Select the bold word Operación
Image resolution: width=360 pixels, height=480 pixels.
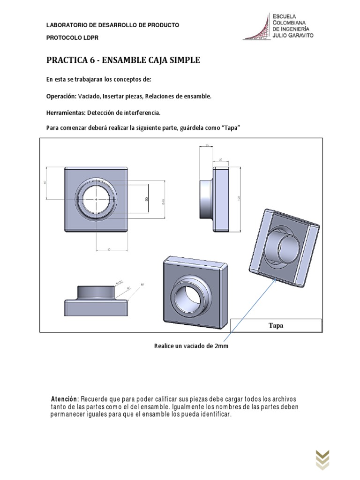point(61,96)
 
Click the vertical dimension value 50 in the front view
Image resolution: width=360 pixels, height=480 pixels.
point(147,199)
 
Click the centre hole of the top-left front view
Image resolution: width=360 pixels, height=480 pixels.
point(96,199)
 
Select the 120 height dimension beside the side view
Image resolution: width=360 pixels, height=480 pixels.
point(239,199)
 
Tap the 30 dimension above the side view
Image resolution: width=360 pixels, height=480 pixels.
point(221,160)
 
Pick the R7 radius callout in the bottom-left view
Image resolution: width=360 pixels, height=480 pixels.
point(142,284)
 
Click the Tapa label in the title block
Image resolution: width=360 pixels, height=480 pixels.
point(276,325)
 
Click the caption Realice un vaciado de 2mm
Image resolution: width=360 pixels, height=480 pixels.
point(191,346)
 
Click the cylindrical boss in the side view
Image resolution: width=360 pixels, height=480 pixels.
point(207,199)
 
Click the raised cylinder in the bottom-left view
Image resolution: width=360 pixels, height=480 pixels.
point(96,292)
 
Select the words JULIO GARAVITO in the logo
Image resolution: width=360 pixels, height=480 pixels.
point(293,35)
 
